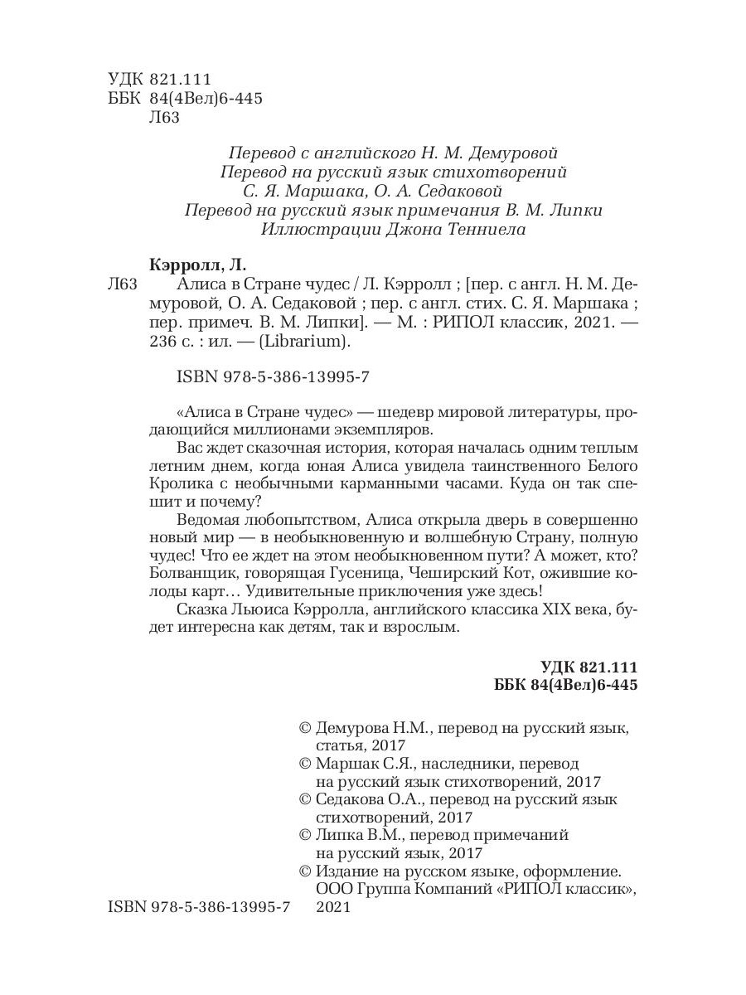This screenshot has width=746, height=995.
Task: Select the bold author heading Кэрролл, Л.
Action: (x=196, y=266)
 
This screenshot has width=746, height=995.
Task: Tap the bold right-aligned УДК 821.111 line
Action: (x=588, y=667)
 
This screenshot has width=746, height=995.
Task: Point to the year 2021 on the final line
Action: (x=335, y=908)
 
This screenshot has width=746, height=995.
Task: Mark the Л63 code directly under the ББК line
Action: (x=162, y=116)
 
